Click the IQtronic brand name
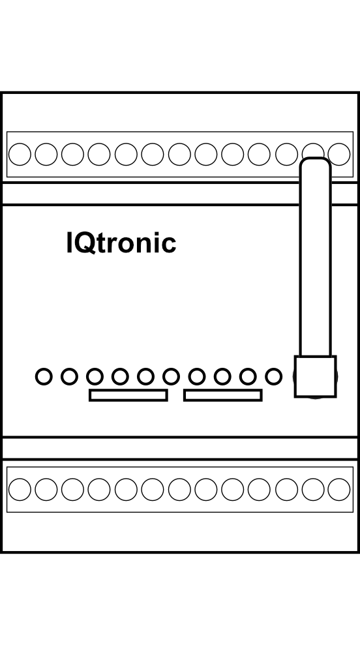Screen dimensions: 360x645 [121, 243]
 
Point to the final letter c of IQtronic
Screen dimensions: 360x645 [169, 245]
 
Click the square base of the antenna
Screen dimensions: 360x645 [315, 376]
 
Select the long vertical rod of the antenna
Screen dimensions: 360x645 [315, 257]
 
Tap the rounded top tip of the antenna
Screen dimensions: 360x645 [315, 158]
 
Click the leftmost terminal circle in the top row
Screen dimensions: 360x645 [20, 155]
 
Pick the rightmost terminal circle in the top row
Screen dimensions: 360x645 [339, 155]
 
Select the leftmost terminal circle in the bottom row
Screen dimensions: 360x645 [20, 490]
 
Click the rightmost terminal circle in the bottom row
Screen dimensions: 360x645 [339, 490]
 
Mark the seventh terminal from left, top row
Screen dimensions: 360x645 [179, 155]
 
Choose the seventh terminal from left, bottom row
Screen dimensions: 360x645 [179, 490]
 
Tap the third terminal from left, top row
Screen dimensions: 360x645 [72, 155]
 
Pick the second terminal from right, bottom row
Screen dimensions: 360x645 [312, 490]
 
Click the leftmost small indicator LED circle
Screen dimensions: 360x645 [44, 376]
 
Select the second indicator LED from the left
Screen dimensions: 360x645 [69, 376]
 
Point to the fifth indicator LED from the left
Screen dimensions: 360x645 [145, 376]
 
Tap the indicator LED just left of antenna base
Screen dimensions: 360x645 [274, 376]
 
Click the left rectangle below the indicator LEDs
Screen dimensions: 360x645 [128, 395]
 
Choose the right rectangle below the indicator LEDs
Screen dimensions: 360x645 [223, 395]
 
